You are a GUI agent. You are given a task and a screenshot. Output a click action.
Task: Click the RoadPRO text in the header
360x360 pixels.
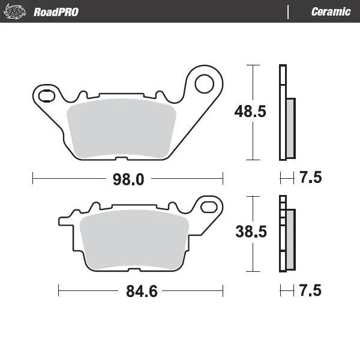[56, 11]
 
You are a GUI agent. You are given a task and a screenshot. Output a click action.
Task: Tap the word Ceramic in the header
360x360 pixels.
[331, 11]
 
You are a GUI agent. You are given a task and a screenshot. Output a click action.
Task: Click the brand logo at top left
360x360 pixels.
[16, 11]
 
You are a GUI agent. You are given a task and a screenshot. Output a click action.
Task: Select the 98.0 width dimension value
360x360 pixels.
[128, 178]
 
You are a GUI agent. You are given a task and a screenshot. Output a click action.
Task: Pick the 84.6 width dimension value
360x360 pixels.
[141, 292]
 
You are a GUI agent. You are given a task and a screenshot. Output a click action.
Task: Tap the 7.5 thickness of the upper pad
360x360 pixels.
[310, 178]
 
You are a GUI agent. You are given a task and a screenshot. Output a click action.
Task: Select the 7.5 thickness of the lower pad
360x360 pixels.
[310, 291]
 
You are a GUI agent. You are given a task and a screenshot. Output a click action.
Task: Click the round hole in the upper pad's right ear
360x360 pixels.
[206, 83]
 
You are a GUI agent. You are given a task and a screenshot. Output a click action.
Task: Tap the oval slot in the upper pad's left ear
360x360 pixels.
[45, 94]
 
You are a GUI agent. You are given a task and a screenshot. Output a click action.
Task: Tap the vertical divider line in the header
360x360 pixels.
[289, 11]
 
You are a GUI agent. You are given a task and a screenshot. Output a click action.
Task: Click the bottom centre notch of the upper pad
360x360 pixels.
[121, 159]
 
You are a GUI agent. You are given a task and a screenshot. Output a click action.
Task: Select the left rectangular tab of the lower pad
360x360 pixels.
[63, 221]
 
